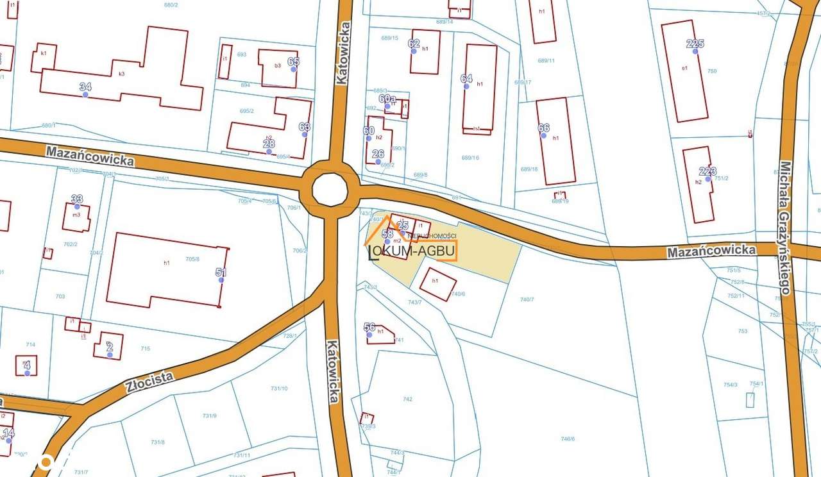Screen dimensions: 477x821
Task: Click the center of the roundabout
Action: pyautogui.click(x=330, y=190)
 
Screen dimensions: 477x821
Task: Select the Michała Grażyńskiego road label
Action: pyautogui.click(x=786, y=227)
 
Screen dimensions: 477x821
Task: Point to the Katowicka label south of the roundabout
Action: pyautogui.click(x=332, y=371)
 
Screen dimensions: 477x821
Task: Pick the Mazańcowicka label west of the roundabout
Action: pyautogui.click(x=90, y=155)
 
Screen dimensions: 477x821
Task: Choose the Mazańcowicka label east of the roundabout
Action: pyautogui.click(x=711, y=251)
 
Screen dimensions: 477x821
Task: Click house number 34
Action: pyautogui.click(x=85, y=87)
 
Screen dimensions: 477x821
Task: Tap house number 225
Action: pyautogui.click(x=695, y=44)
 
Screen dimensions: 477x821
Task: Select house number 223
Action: pyautogui.click(x=707, y=171)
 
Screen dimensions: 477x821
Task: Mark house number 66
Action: pyautogui.click(x=543, y=128)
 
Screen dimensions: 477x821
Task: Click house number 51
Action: pyautogui.click(x=221, y=272)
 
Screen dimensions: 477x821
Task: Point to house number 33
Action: pyautogui.click(x=77, y=199)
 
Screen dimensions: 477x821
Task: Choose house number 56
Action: pyautogui.click(x=369, y=327)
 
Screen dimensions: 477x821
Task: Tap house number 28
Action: pyautogui.click(x=269, y=143)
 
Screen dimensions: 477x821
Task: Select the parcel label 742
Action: pyautogui.click(x=407, y=399)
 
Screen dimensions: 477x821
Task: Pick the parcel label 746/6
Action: pyautogui.click(x=568, y=439)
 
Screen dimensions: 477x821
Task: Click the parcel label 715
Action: pyautogui.click(x=145, y=348)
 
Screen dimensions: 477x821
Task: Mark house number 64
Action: pyautogui.click(x=466, y=78)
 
